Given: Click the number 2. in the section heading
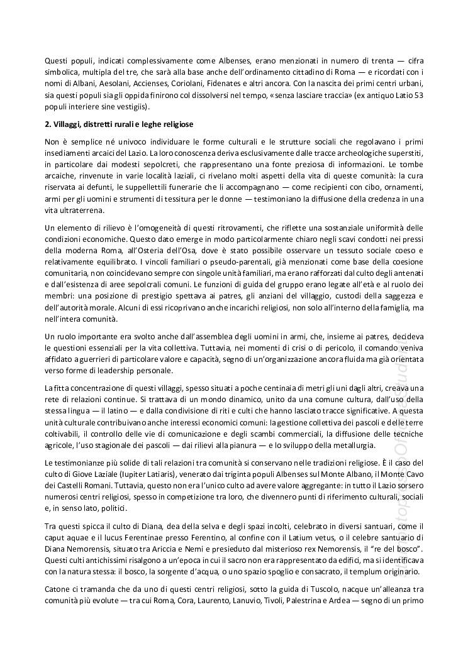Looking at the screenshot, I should pyautogui.click(x=48, y=124).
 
